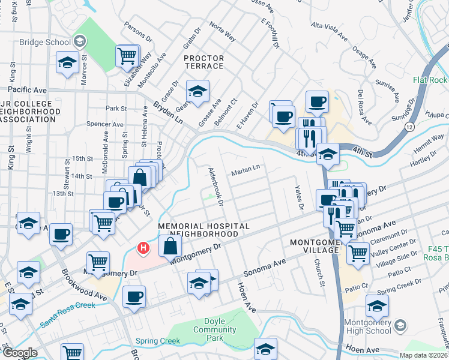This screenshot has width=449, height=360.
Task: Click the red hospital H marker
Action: point(143,247)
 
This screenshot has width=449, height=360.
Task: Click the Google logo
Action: point(20,353)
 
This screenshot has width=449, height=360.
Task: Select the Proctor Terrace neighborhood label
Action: point(204,62)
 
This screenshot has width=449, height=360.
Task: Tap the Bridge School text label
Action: point(45,42)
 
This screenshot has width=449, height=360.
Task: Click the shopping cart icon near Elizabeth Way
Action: point(127,56)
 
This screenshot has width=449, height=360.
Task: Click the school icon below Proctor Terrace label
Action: point(197,91)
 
